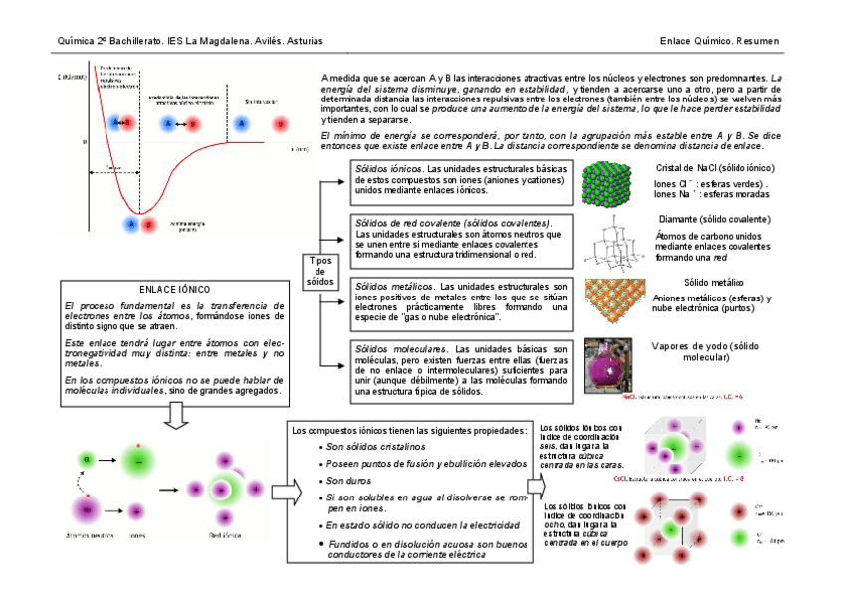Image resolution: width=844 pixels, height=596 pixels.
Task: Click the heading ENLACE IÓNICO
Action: click(x=174, y=289)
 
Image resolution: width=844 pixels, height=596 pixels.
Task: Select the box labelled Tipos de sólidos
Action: click(x=319, y=268)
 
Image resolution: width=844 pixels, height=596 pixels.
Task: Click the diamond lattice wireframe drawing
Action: click(x=617, y=243)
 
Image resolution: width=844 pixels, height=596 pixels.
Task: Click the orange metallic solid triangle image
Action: click(x=612, y=301)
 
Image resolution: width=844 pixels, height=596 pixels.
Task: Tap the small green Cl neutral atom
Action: click(x=88, y=460)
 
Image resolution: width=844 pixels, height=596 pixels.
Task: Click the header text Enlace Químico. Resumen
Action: click(x=719, y=41)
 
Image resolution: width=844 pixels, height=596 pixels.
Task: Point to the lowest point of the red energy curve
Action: click(x=141, y=211)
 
